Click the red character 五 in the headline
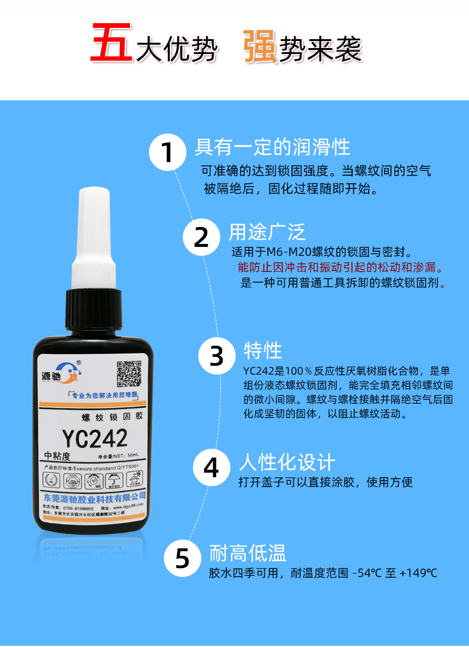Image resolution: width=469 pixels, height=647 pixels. click(x=112, y=43)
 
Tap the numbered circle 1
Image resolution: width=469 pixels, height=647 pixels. click(x=168, y=153)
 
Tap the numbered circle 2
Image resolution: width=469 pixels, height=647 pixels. click(x=201, y=237)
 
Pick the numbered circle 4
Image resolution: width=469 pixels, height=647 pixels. click(x=211, y=467)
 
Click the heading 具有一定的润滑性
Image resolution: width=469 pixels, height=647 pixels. click(x=272, y=147)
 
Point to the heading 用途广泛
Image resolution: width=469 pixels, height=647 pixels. click(x=267, y=231)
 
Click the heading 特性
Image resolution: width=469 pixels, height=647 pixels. click(x=263, y=350)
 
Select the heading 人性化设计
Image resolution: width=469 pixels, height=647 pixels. click(x=287, y=462)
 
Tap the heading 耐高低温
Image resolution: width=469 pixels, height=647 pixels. click(x=248, y=553)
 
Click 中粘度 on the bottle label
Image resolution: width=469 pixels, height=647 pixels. click(x=58, y=456)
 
